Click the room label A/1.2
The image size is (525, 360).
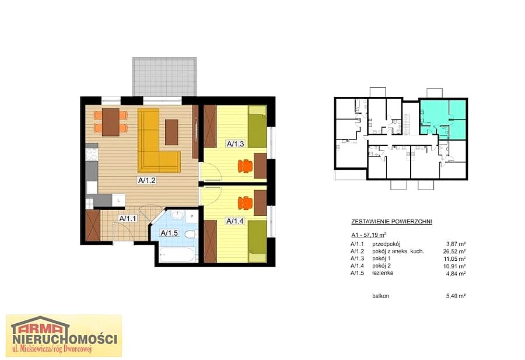point(147,180)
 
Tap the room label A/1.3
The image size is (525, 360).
point(236,144)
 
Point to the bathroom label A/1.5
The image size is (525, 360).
point(169,233)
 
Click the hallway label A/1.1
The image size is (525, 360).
point(128,218)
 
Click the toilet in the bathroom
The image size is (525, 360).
point(191,234)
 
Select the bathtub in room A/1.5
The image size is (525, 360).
point(177,255)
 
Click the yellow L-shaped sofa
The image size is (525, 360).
point(157,140)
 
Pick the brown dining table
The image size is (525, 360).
point(111,121)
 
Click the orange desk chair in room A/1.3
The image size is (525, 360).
point(246,166)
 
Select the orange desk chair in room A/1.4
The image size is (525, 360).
point(246,202)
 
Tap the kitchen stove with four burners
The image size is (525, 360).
point(92,155)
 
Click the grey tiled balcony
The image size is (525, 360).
point(164,76)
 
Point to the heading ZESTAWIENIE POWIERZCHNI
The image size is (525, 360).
point(391,221)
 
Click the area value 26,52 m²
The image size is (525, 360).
point(454,251)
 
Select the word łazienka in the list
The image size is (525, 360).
point(383,273)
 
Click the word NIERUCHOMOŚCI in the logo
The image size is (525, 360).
point(65,339)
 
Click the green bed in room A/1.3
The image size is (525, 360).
point(257,127)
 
